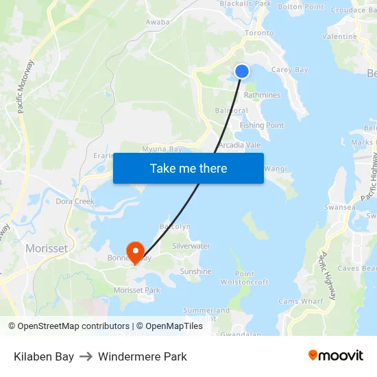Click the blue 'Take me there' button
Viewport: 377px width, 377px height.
point(188,168)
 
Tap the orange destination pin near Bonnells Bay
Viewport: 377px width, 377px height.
point(134,252)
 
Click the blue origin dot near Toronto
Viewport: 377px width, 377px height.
point(242,71)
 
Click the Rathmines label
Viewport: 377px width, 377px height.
point(262,95)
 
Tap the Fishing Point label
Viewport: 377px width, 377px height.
point(262,125)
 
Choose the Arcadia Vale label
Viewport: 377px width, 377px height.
point(239,145)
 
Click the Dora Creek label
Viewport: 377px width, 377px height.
point(75,202)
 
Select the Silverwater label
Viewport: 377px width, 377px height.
point(191,245)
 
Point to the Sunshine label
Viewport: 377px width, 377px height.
point(195,271)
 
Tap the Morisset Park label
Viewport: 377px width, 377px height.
point(137,291)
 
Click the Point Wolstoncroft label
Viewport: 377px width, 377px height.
point(244,278)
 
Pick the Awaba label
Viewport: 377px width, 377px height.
point(158,22)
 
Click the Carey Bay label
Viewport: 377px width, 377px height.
point(289,70)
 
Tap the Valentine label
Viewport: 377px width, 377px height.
point(339,36)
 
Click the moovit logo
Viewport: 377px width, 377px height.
point(335,356)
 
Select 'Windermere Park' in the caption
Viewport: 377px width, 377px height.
point(142,356)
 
